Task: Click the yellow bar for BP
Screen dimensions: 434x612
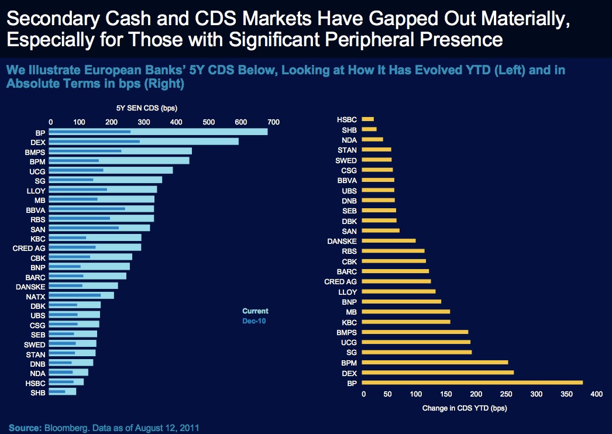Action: [x=472, y=383]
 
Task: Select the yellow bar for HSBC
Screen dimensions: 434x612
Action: [x=367, y=119]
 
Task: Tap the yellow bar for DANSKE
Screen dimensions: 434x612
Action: [x=388, y=240]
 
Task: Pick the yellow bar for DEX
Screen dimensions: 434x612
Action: [x=438, y=373]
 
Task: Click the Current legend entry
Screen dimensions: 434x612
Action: [x=255, y=311]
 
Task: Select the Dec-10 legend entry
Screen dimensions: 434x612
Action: [x=254, y=321]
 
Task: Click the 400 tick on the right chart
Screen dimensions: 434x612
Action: [x=596, y=395]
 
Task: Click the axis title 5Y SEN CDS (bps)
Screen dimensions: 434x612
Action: [x=147, y=108]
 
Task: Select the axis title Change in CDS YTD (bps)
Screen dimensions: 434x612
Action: [x=465, y=408]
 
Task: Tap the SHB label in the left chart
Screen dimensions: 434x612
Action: [x=38, y=393]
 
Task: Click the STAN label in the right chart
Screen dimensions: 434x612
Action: [x=347, y=150]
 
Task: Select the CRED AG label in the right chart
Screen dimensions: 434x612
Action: [x=341, y=281]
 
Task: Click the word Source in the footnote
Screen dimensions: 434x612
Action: [x=25, y=428]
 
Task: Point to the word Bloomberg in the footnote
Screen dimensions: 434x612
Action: [x=65, y=428]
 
